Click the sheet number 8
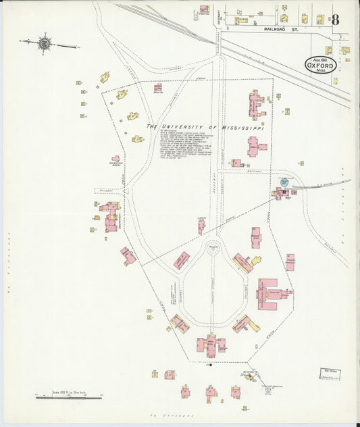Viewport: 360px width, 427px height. [336, 19]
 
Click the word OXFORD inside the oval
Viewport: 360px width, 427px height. [320, 66]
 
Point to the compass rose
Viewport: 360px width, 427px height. [45, 44]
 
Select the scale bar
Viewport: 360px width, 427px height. [68, 397]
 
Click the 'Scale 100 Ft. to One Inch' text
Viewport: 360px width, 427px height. [68, 391]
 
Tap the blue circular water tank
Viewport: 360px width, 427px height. [284, 182]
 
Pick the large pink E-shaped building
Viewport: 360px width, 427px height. [270, 293]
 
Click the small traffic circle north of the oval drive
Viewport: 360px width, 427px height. [214, 247]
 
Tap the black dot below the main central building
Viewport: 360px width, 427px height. [210, 366]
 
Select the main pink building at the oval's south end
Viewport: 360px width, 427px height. [211, 345]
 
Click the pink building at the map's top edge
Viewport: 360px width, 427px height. [204, 10]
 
